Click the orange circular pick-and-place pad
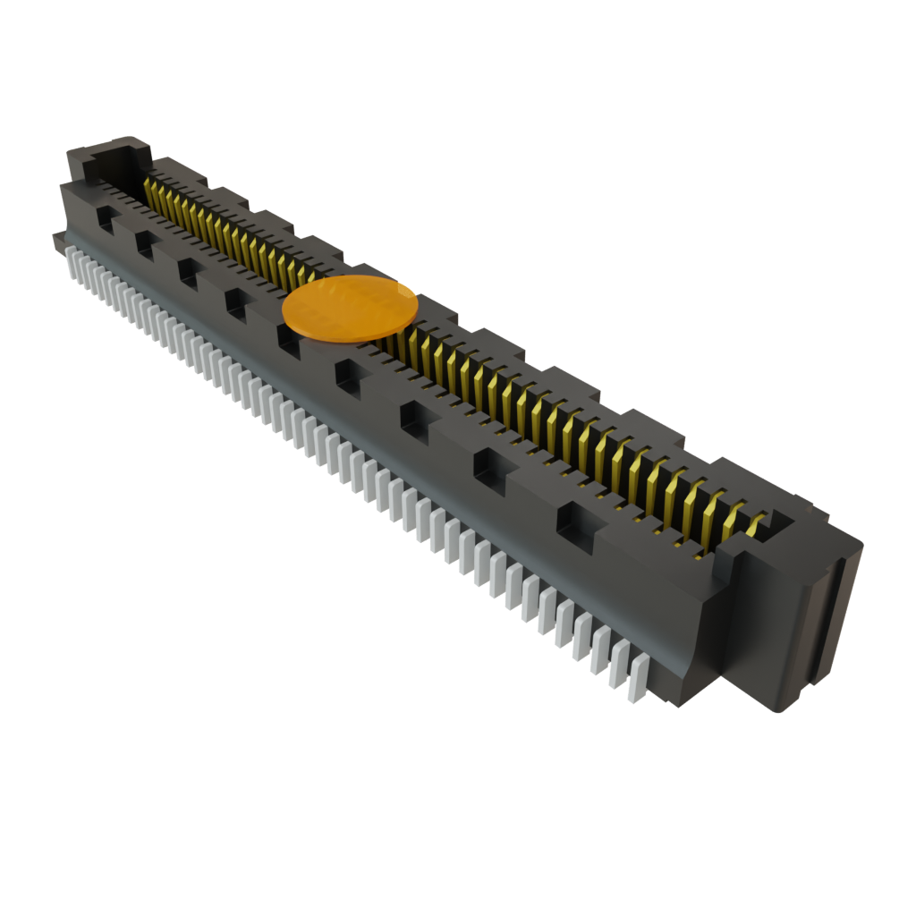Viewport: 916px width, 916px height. [x=350, y=307]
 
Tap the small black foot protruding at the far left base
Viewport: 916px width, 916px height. [x=57, y=238]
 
